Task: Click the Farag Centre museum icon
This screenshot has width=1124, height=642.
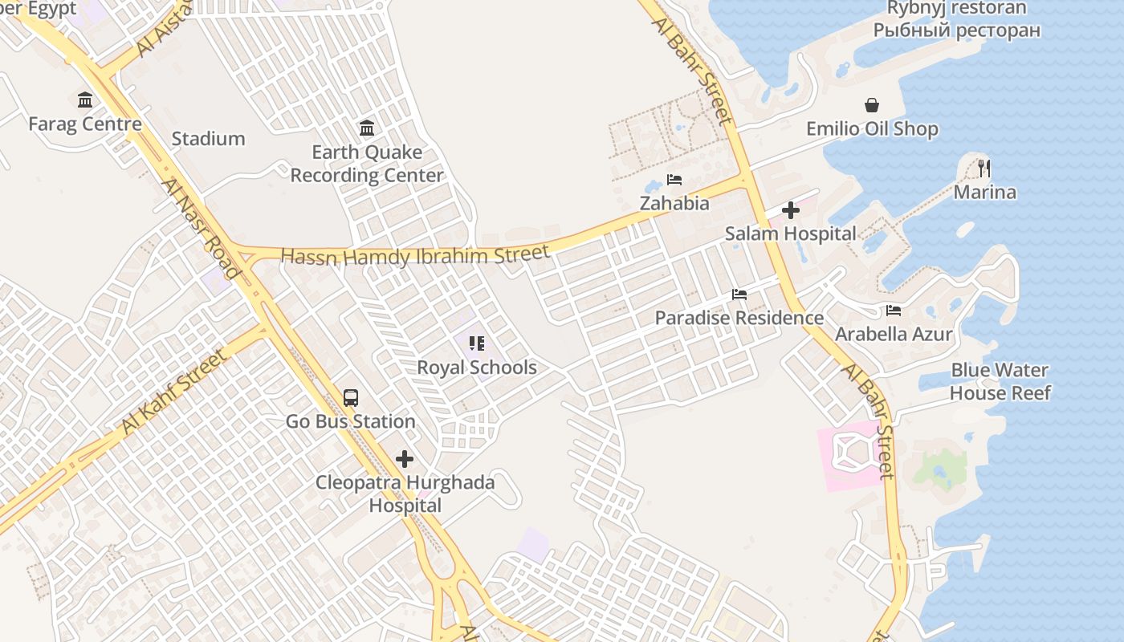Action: click(x=85, y=100)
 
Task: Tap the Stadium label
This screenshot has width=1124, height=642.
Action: click(x=208, y=139)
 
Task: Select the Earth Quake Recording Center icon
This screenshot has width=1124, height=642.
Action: click(x=367, y=128)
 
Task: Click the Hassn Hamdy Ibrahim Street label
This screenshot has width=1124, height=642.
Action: click(x=415, y=256)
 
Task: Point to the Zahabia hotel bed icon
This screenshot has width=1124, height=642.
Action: click(x=674, y=180)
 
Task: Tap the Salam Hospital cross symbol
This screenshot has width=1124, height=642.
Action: click(x=791, y=210)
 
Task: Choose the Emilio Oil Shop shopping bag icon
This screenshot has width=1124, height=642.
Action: click(x=872, y=105)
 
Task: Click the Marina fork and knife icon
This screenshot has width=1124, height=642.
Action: click(x=984, y=169)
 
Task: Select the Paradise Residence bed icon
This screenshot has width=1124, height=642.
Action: click(x=739, y=295)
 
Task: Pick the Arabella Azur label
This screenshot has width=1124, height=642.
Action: click(x=894, y=334)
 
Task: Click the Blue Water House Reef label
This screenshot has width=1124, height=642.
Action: click(x=1000, y=381)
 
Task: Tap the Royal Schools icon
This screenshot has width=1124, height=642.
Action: click(x=477, y=344)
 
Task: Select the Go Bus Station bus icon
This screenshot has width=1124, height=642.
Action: click(x=351, y=398)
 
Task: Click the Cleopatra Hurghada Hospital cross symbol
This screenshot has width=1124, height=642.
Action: click(x=405, y=459)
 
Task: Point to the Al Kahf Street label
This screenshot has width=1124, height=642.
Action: click(x=174, y=392)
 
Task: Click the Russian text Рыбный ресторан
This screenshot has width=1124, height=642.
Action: click(x=956, y=30)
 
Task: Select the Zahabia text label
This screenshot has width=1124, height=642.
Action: click(x=674, y=203)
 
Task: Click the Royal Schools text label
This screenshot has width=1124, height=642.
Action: click(x=477, y=368)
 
